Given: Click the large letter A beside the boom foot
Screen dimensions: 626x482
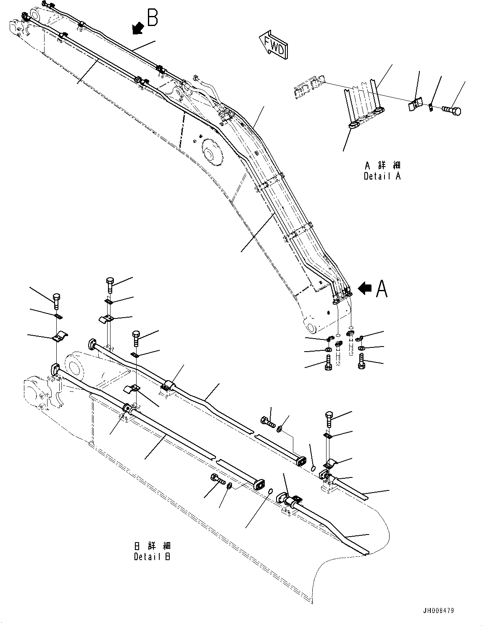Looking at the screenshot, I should point(382,289).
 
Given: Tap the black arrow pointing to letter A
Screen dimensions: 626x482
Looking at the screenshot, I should point(365,288).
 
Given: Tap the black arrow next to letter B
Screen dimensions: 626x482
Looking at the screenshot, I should point(137,28).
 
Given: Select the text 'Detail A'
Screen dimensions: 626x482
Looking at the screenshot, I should point(382,177).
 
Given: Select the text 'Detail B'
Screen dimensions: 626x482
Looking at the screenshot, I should point(152,557).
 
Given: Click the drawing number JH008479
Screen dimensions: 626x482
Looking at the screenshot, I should point(439,611).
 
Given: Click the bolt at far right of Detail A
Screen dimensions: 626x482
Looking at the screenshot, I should point(452,110).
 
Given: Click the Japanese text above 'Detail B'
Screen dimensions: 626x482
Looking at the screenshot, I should point(152,546).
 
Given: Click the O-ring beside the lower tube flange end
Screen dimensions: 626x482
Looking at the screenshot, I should point(271,490).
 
